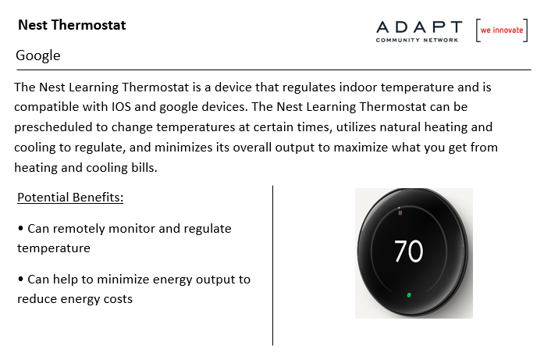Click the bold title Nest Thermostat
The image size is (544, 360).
(72, 25)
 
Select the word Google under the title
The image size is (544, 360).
(38, 55)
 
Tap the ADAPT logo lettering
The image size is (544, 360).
(419, 27)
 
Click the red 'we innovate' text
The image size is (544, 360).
(502, 30)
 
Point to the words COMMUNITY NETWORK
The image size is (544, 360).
(417, 41)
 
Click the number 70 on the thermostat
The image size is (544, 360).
(409, 251)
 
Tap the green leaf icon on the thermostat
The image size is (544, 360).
(409, 295)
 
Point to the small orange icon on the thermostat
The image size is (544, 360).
(400, 212)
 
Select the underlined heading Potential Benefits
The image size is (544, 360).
(70, 198)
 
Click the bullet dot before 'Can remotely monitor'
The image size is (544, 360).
(21, 228)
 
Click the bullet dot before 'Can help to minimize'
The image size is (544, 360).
(21, 279)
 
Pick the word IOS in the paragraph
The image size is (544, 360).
(121, 106)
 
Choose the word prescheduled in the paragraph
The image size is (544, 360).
(53, 127)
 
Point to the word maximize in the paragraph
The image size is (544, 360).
(361, 147)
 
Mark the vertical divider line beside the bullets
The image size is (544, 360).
(272, 266)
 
